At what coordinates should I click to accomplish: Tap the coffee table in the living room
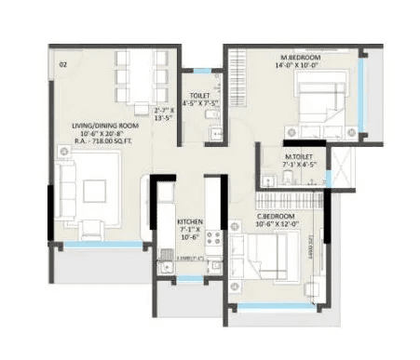[96, 191]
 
